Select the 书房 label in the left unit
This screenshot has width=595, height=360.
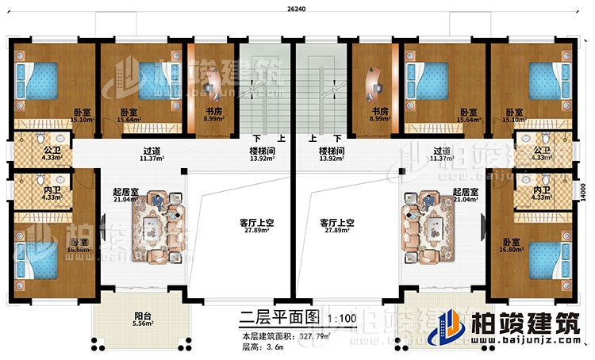point(212,113)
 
